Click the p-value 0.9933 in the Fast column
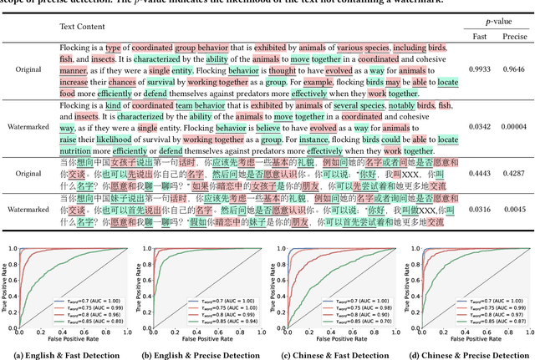click(480, 71)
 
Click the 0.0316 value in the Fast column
click(480, 210)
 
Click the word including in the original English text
click(410, 48)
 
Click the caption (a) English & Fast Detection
click(68, 354)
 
